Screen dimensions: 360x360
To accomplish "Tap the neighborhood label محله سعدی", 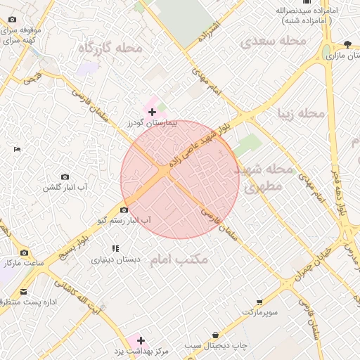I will coord(275,41).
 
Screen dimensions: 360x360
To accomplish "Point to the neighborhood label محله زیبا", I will coord(302,113).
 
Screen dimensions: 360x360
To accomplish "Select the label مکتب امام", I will coord(180,259).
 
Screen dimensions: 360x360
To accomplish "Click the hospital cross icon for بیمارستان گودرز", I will coord(152,112).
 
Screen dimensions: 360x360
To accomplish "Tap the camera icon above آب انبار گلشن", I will coord(65,176).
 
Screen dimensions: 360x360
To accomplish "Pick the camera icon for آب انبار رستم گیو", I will coord(124,210).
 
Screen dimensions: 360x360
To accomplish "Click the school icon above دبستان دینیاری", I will coord(116,248).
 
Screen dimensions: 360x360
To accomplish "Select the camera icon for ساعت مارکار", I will coord(25,252).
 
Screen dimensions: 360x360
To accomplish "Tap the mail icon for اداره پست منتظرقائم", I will coord(24,291).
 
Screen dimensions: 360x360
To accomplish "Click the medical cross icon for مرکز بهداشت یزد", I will coord(141,340).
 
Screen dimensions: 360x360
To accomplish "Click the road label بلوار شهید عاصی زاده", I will coord(201,140).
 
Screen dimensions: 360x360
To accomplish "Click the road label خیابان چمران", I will coord(310,266).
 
